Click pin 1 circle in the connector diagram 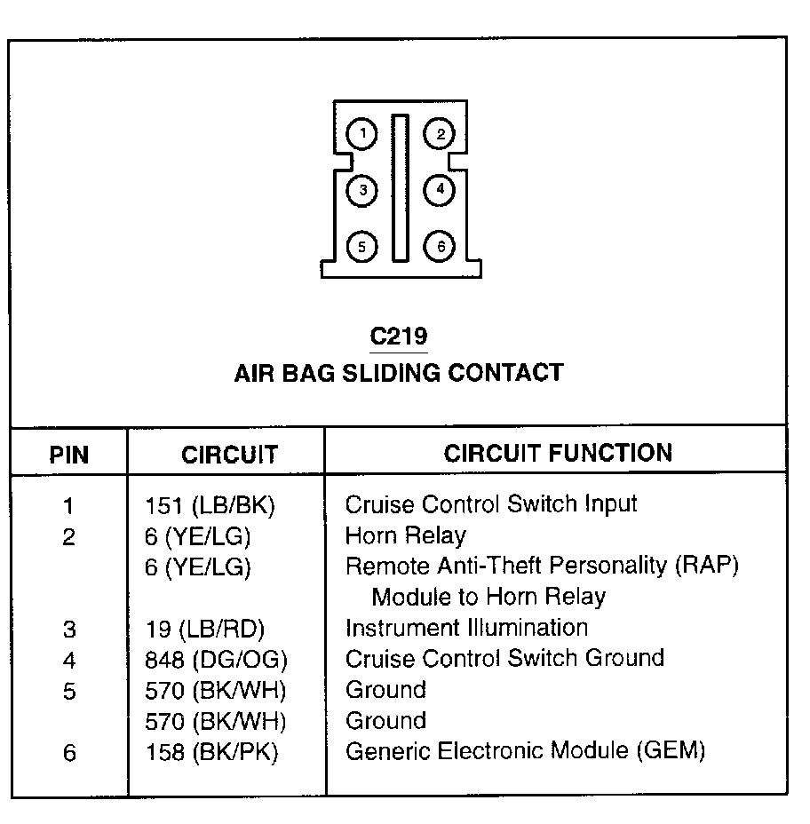pyautogui.click(x=362, y=134)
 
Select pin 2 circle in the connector pyautogui.click(x=439, y=134)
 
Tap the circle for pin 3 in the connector pyautogui.click(x=362, y=189)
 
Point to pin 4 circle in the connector pyautogui.click(x=439, y=189)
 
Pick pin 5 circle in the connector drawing pyautogui.click(x=362, y=246)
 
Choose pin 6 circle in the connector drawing pyautogui.click(x=439, y=246)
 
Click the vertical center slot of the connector pyautogui.click(x=401, y=186)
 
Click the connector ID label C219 pyautogui.click(x=399, y=337)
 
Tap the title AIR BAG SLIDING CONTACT pyautogui.click(x=399, y=372)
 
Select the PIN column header pyautogui.click(x=68, y=456)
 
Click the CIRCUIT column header pyautogui.click(x=229, y=456)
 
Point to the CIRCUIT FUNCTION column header pyautogui.click(x=558, y=453)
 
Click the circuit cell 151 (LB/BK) pyautogui.click(x=210, y=506)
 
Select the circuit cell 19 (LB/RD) pyautogui.click(x=205, y=630)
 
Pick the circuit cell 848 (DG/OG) pyautogui.click(x=217, y=660)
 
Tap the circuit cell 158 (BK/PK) pyautogui.click(x=211, y=753)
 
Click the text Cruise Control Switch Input pyautogui.click(x=490, y=504)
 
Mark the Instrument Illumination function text pyautogui.click(x=466, y=628)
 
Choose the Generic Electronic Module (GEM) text pyautogui.click(x=525, y=751)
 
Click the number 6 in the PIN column pyautogui.click(x=69, y=754)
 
